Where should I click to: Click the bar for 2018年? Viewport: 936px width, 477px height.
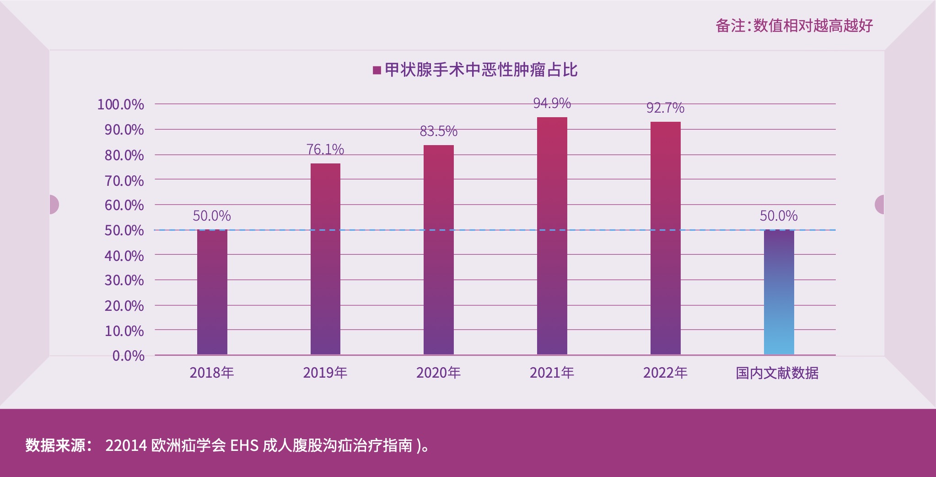tap(212, 292)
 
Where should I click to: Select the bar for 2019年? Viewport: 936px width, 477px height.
tap(325, 259)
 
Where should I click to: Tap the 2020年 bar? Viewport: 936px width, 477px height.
tap(438, 249)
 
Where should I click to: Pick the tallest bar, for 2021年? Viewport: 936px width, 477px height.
tap(552, 235)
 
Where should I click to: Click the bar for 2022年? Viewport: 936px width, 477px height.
tap(665, 238)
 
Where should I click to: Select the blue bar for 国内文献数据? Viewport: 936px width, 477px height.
tap(779, 292)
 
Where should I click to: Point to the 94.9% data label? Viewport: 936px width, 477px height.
tap(552, 103)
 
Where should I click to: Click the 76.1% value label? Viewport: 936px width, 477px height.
tap(325, 149)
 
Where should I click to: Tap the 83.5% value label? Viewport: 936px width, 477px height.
tap(438, 131)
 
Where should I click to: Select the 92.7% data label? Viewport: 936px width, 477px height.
tap(665, 108)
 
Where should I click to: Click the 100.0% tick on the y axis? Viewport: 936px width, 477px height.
tap(120, 104)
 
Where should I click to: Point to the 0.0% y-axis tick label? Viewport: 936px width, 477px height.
tap(128, 356)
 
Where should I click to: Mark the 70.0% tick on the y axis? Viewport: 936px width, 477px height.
tap(124, 181)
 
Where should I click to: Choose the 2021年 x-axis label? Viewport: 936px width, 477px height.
tap(552, 373)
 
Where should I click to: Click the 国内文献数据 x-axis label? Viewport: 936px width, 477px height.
tap(777, 373)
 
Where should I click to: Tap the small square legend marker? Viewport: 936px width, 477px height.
tap(377, 70)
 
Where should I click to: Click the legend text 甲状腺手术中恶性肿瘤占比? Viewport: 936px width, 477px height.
tap(481, 70)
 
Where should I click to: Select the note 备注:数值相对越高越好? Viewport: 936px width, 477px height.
tap(794, 26)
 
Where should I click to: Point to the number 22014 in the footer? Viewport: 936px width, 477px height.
tap(126, 445)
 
